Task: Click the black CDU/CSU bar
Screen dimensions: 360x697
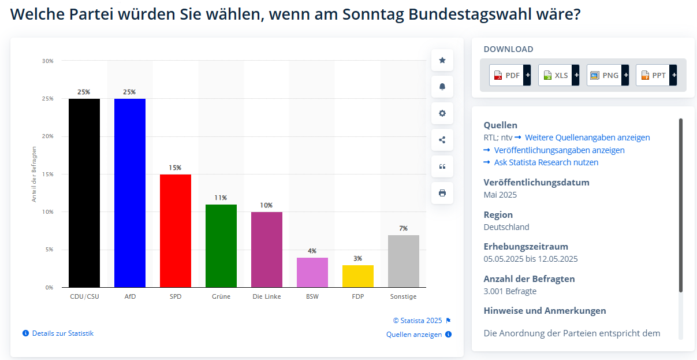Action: (x=84, y=193)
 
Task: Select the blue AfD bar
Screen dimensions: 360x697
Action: (x=130, y=193)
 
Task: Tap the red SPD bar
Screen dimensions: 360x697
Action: (x=176, y=231)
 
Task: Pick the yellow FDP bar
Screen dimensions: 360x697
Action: (x=358, y=276)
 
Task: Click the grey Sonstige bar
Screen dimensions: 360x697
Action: (x=404, y=261)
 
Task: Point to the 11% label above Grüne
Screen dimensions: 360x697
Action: (x=221, y=198)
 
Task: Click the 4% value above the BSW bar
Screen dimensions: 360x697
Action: (x=312, y=251)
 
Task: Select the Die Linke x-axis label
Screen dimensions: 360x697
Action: (x=267, y=296)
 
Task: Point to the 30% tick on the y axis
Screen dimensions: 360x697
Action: (x=47, y=61)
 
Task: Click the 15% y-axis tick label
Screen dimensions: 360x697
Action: (x=47, y=174)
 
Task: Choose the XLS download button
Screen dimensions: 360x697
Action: (x=558, y=75)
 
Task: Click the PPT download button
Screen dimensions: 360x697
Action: (x=656, y=75)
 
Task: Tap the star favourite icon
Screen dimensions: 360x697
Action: (x=442, y=60)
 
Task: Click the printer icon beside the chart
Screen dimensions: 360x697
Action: (x=442, y=193)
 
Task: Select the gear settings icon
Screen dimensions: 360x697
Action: (x=442, y=113)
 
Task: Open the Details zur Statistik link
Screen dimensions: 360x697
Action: (x=62, y=333)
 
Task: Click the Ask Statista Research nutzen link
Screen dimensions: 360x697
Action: (x=546, y=162)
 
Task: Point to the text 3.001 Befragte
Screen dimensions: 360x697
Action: (x=510, y=291)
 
